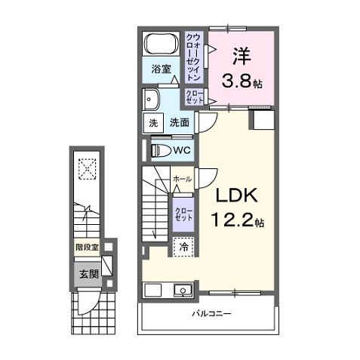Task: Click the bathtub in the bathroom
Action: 161,44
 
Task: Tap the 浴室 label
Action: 161,69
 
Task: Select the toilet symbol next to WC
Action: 161,150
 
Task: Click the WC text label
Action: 182,150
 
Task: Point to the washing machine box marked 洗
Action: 153,123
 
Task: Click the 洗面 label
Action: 179,123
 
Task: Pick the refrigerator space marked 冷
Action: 183,247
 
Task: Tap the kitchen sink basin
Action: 183,291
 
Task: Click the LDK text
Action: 237,195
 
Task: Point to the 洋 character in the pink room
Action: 242,56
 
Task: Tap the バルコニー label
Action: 211,313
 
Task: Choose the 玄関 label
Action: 89,274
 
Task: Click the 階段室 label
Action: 88,248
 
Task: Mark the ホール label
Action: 183,179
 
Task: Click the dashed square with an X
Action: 87,169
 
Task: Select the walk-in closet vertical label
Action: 193,57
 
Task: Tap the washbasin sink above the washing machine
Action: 150,99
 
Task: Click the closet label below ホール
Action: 183,214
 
